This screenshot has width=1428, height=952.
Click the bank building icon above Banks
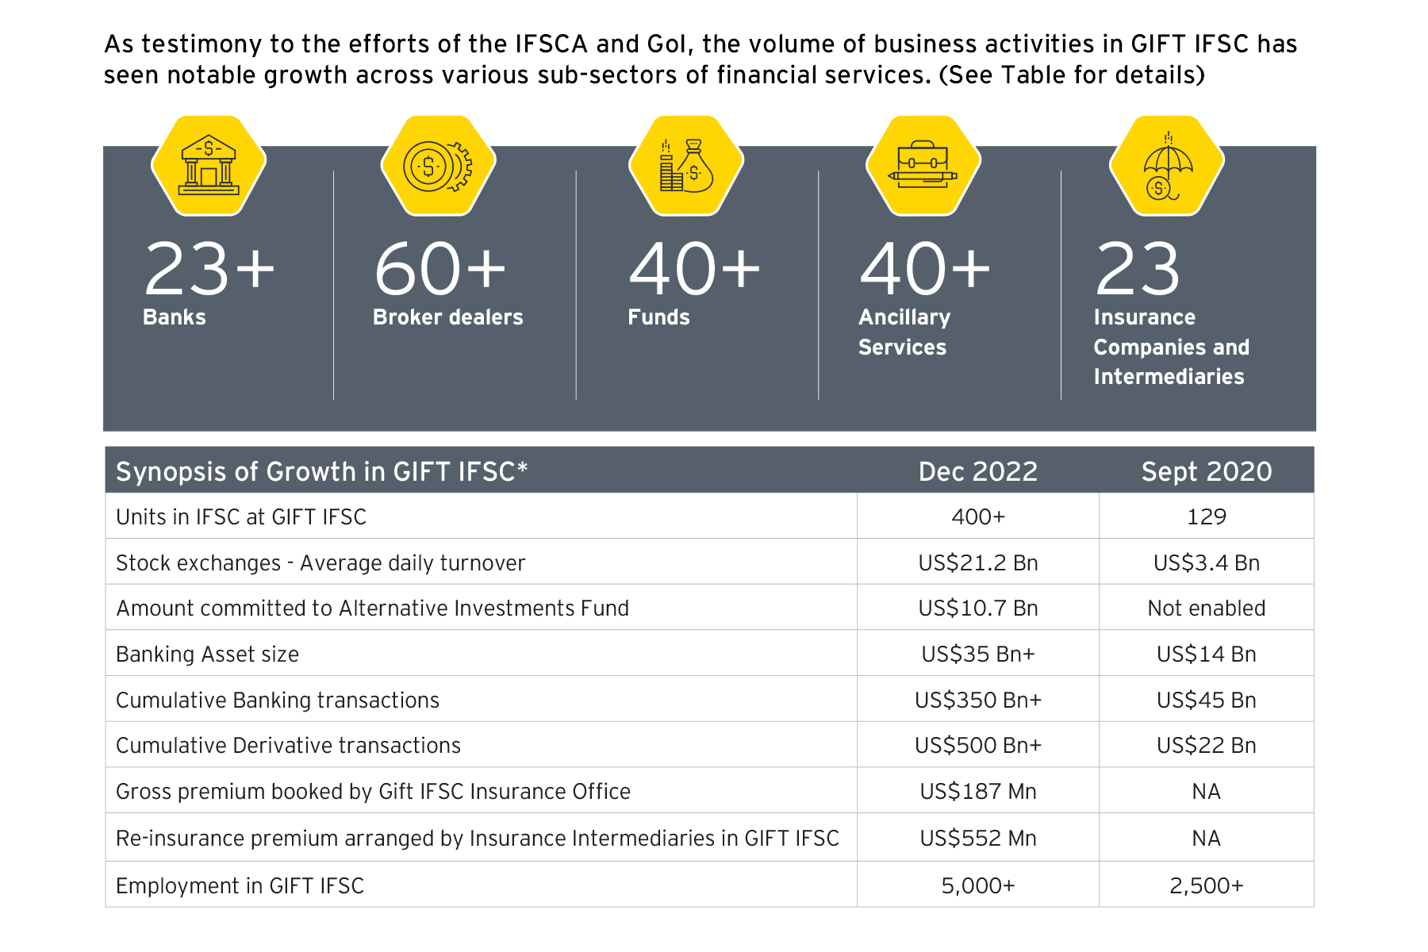(209, 165)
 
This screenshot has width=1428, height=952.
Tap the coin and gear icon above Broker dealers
(438, 165)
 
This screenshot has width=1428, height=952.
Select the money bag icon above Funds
(686, 165)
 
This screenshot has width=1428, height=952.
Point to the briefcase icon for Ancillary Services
(923, 165)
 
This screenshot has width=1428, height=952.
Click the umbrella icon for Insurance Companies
(1167, 165)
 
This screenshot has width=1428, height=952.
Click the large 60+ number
(440, 270)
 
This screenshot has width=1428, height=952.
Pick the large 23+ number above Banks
(209, 270)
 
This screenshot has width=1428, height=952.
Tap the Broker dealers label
(447, 317)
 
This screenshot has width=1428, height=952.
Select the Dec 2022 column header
(977, 471)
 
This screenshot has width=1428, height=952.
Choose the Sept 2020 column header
(1206, 471)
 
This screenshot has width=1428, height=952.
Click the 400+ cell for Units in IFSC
(977, 516)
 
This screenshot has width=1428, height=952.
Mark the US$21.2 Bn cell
(977, 562)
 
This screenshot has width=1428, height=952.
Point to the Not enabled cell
(1206, 608)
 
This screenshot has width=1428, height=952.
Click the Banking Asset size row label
(207, 654)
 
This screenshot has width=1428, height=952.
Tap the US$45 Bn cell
(1206, 701)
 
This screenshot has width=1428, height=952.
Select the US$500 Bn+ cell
(977, 746)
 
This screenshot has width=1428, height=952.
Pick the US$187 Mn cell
(977, 792)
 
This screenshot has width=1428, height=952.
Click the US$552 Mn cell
(977, 839)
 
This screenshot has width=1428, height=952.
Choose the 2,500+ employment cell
(1206, 885)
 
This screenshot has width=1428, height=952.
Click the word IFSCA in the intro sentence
(551, 44)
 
